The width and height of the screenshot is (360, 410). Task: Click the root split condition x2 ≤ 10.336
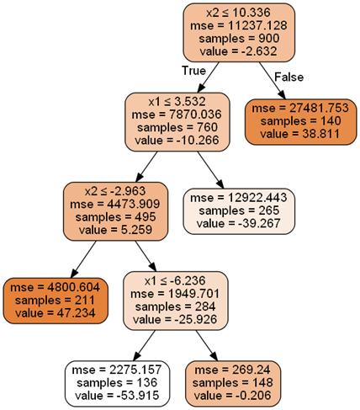239,13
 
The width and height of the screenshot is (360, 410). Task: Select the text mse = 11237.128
239,25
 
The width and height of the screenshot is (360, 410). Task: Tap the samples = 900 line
239,39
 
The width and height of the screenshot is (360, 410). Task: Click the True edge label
193,71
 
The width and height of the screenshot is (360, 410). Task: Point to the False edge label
289,77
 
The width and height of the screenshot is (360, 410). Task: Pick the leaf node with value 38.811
300,122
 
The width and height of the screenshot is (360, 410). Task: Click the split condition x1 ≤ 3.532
177,102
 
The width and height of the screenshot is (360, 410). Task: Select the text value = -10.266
177,140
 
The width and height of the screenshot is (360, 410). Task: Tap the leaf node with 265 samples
239,211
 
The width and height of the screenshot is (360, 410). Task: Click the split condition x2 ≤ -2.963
115,191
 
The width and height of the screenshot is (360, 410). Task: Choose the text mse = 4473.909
115,204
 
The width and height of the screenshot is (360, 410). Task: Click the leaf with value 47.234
56,301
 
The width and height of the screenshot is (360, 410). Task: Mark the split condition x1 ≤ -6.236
175,280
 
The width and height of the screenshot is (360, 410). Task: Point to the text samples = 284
176,306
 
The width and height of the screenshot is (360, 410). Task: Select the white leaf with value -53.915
118,384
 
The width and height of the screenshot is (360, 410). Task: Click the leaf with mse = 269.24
233,384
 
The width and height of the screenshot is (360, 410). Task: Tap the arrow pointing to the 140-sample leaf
273,81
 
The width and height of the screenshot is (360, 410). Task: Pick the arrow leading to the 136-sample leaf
144,345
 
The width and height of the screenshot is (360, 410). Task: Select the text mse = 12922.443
239,198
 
